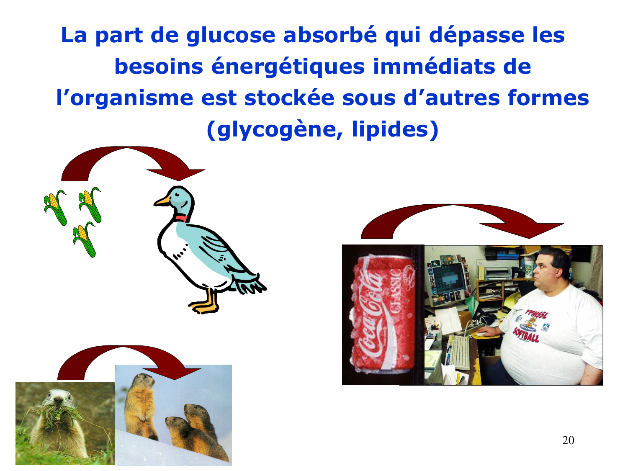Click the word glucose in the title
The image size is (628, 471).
(x=231, y=36)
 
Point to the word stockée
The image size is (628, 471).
(x=289, y=98)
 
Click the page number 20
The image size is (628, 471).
(x=568, y=440)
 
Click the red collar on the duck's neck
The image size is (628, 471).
(x=181, y=218)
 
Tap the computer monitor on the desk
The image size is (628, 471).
(x=448, y=278)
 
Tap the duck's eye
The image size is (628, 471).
(x=177, y=195)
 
